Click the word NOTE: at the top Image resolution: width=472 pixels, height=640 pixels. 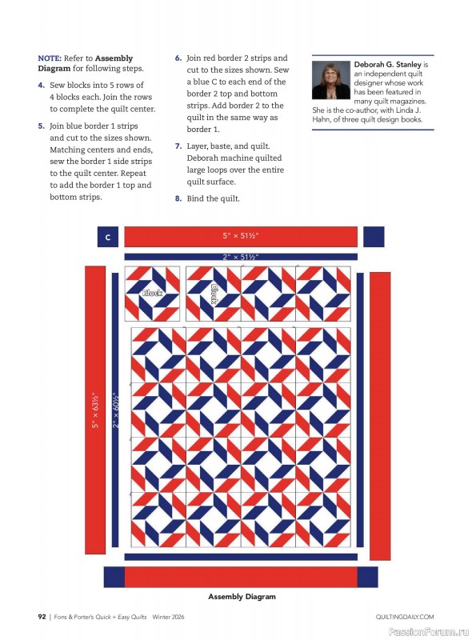click(x=50, y=58)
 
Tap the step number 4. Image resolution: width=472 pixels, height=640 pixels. click(x=41, y=84)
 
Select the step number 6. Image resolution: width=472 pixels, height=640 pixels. click(x=178, y=58)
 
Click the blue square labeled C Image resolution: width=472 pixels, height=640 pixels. click(x=107, y=237)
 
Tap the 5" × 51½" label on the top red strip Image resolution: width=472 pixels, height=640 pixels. click(x=241, y=236)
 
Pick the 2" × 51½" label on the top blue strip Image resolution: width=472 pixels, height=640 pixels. click(x=241, y=257)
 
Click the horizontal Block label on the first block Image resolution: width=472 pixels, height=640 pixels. click(x=152, y=294)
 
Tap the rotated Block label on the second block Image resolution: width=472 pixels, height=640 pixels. click(x=214, y=294)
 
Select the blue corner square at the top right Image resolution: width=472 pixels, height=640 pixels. click(x=374, y=237)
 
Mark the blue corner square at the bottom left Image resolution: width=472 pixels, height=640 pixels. click(x=114, y=577)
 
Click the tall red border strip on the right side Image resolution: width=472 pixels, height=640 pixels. click(x=381, y=416)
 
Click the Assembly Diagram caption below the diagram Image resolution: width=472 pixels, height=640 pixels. click(x=242, y=597)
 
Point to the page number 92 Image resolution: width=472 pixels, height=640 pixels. click(x=43, y=617)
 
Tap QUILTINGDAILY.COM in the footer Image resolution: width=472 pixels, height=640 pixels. click(x=404, y=617)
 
